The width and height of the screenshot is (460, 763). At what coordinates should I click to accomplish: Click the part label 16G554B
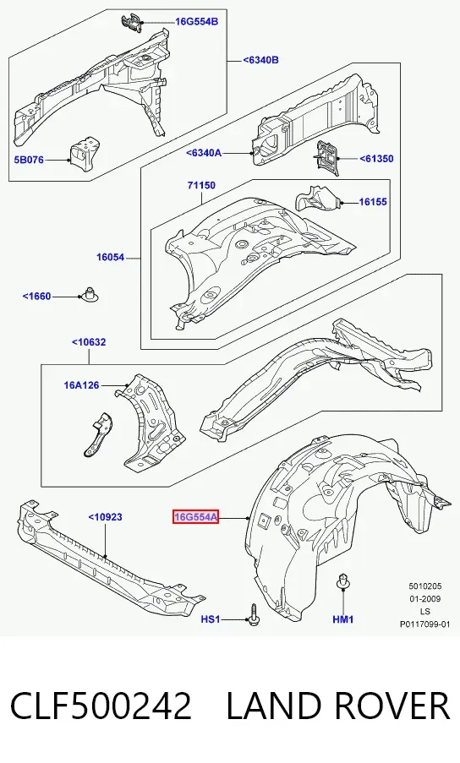click(197, 21)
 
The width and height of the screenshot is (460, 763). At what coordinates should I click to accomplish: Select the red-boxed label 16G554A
click(195, 517)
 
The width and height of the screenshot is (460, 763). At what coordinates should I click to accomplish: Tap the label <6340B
click(261, 60)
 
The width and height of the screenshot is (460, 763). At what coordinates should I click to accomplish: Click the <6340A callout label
click(204, 153)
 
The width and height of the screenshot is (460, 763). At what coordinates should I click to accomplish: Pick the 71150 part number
click(201, 185)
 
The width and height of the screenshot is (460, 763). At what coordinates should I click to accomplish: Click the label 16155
click(373, 201)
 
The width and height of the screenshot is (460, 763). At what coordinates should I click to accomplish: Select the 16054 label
click(111, 258)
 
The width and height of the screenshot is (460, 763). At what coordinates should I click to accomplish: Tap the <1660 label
click(36, 297)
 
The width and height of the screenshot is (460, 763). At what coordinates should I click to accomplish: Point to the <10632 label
click(89, 342)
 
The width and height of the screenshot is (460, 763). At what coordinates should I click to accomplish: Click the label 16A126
click(81, 385)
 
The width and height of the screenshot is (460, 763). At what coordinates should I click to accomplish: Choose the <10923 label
click(105, 517)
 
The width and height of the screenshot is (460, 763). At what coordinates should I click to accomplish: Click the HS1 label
click(211, 619)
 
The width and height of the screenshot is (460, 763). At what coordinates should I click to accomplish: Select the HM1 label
click(343, 619)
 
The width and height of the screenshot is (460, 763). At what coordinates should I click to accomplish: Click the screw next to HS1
click(253, 615)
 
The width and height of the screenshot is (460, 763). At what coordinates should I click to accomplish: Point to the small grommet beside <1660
click(89, 293)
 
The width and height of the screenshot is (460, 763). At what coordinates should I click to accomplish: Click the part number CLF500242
click(101, 706)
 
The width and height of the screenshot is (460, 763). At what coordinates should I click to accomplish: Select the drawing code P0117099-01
click(425, 624)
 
